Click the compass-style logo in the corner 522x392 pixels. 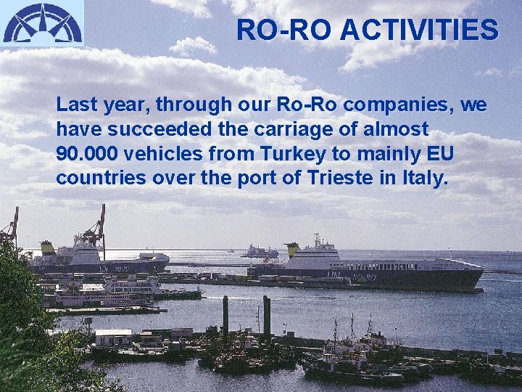click(42, 23)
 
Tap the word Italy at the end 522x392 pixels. click(425, 178)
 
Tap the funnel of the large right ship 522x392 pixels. click(292, 250)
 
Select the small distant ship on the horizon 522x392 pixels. click(260, 252)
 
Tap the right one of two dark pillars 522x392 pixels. click(267, 317)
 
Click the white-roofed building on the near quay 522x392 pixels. click(114, 337)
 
